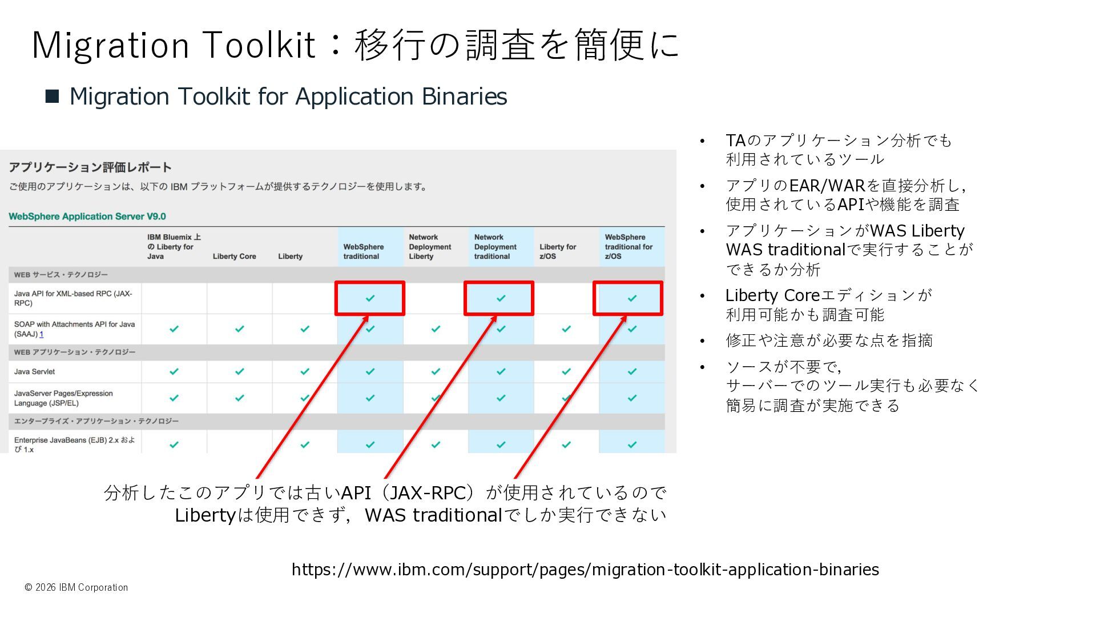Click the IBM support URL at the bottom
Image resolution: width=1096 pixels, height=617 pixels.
tap(585, 570)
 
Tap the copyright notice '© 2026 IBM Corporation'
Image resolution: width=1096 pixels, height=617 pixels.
tap(76, 587)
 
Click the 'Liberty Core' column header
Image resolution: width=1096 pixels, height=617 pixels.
tap(234, 257)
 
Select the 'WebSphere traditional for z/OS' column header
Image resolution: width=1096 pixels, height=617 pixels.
tap(628, 247)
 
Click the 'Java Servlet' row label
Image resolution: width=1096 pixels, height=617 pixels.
tap(35, 372)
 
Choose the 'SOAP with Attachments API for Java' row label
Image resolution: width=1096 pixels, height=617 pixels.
tap(74, 328)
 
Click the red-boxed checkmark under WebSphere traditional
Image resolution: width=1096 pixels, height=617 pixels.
tap(370, 298)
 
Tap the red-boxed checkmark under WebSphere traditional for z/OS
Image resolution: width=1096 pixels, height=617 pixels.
tap(632, 298)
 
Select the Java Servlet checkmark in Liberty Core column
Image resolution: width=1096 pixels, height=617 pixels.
tap(240, 372)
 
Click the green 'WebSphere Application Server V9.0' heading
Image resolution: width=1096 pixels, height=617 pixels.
tap(87, 217)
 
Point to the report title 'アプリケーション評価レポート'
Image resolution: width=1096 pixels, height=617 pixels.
tap(90, 167)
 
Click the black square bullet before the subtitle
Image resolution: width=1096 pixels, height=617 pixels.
tap(53, 96)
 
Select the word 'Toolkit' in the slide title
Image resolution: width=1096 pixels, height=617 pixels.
tap(259, 45)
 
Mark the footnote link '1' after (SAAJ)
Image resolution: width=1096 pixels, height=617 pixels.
tap(42, 334)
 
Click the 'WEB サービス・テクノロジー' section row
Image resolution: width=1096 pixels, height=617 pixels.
tap(61, 275)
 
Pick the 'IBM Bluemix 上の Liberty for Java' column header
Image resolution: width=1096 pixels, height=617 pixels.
tap(174, 247)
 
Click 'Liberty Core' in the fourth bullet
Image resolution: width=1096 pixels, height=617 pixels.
tap(772, 295)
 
